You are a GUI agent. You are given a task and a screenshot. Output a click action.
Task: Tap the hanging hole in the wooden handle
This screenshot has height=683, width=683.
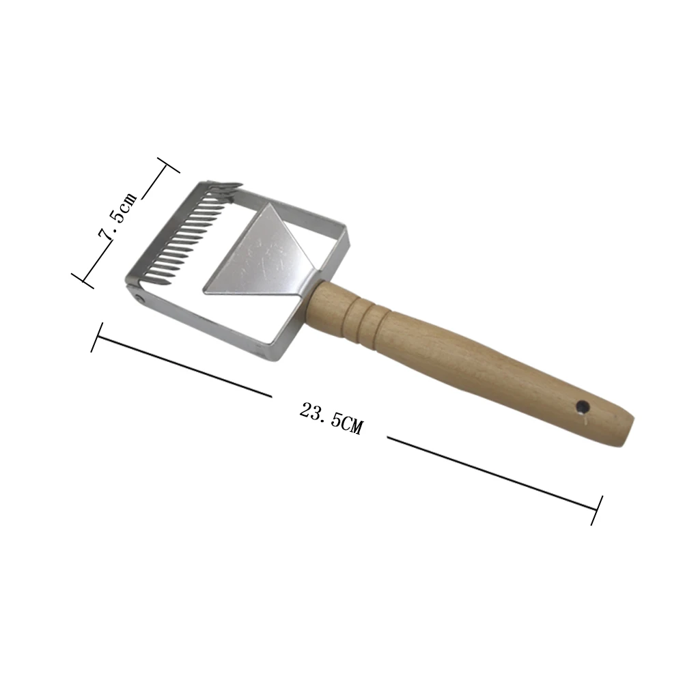coord(582,407)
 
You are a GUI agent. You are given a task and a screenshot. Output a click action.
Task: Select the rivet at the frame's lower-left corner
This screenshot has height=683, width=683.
coord(139,298)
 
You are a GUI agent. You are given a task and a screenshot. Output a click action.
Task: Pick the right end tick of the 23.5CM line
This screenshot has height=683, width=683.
coord(596,510)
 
